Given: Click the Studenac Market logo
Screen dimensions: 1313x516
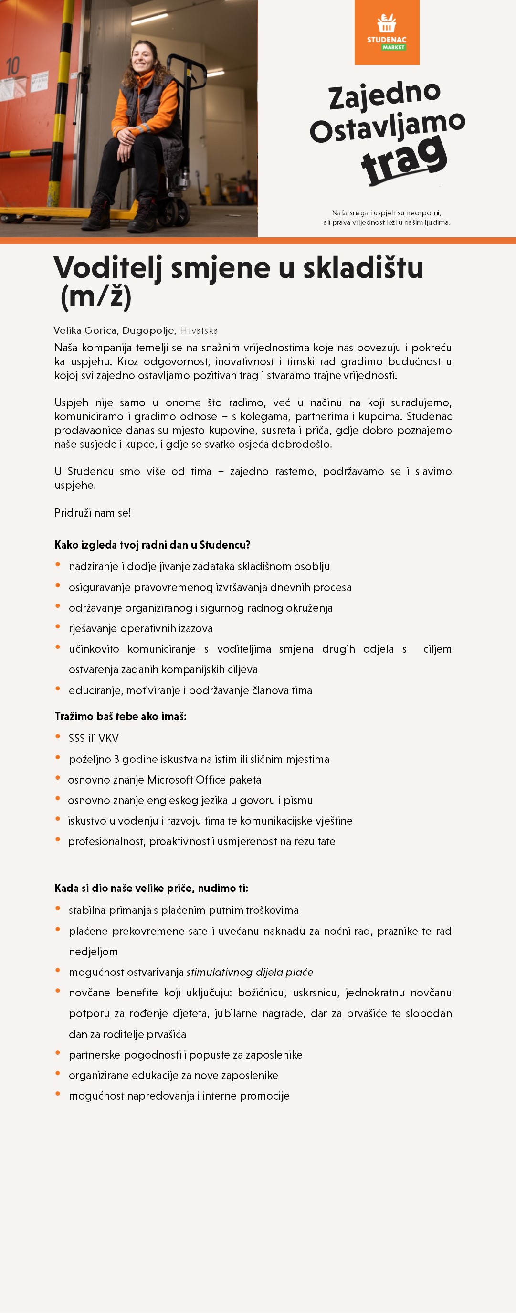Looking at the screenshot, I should click(x=387, y=32).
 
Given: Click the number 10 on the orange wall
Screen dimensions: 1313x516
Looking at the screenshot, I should click(x=13, y=66).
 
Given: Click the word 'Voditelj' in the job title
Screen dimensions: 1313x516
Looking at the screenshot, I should click(x=108, y=267).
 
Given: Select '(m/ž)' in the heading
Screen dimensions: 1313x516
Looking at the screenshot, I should click(x=96, y=296).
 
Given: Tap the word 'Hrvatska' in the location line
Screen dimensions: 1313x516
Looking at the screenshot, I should click(x=199, y=330).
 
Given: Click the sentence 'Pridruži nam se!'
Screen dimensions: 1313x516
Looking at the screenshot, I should click(x=93, y=513).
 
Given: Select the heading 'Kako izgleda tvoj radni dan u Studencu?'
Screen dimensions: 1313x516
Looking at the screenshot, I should click(x=152, y=545).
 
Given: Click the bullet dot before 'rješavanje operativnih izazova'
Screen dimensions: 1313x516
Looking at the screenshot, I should click(x=58, y=626).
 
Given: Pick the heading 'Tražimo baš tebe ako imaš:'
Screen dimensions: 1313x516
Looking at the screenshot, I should click(x=121, y=716).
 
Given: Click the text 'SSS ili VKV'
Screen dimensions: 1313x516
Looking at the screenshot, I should click(x=94, y=738).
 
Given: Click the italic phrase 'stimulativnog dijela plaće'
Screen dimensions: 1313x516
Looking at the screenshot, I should click(x=250, y=972).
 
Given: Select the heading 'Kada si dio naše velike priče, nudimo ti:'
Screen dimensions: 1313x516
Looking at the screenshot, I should click(x=151, y=888).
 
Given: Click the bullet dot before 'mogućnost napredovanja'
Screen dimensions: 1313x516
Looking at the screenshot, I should click(x=58, y=1094).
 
